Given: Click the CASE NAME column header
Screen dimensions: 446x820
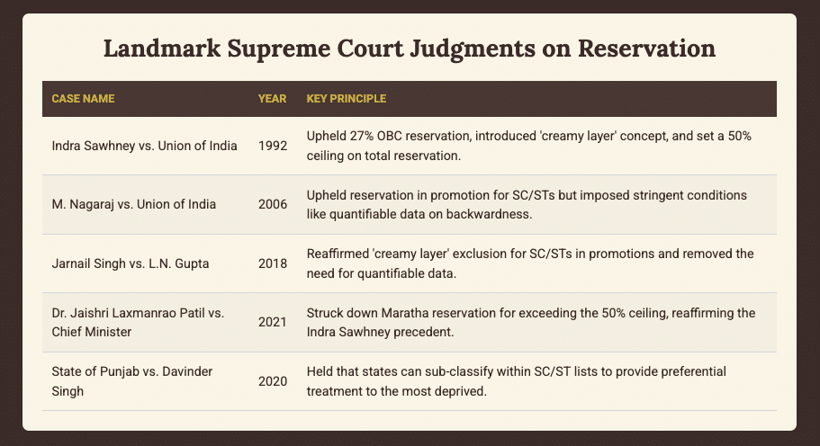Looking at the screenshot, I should click(x=84, y=97).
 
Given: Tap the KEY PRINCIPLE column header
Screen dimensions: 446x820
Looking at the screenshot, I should click(x=347, y=97).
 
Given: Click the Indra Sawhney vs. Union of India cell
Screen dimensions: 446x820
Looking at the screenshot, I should click(x=145, y=146).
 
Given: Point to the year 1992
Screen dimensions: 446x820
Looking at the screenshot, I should click(x=273, y=146).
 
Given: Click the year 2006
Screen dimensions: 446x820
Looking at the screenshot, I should click(x=273, y=204).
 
